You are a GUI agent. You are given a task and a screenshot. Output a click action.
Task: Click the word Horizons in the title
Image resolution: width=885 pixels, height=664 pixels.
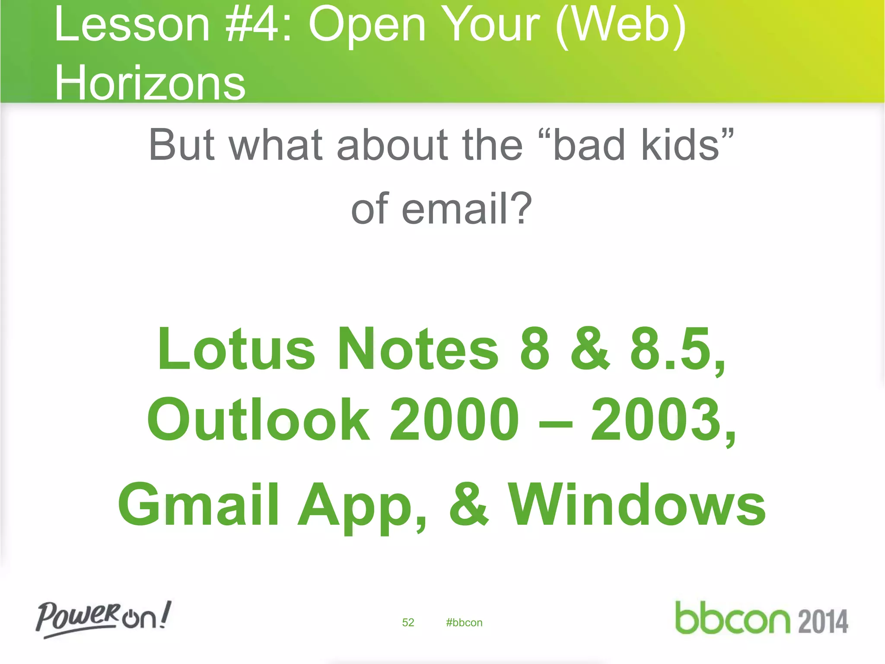pyautogui.click(x=150, y=83)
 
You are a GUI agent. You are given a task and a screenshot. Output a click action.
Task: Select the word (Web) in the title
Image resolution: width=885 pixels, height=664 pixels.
pyautogui.click(x=621, y=26)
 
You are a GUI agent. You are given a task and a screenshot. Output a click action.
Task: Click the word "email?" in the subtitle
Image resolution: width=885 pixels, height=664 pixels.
pyautogui.click(x=467, y=209)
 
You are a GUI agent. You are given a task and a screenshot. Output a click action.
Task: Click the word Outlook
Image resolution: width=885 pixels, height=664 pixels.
pyautogui.click(x=258, y=420)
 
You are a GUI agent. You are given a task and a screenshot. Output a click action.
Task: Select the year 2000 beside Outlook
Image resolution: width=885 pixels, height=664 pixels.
pyautogui.click(x=454, y=420)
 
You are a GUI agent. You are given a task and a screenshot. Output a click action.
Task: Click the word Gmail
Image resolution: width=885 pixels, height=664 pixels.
pyautogui.click(x=198, y=505)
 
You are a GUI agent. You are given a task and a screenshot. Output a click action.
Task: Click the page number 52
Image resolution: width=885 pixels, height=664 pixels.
pyautogui.click(x=408, y=622)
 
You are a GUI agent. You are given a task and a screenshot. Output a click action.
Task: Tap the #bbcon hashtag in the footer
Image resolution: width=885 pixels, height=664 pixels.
pyautogui.click(x=464, y=622)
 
